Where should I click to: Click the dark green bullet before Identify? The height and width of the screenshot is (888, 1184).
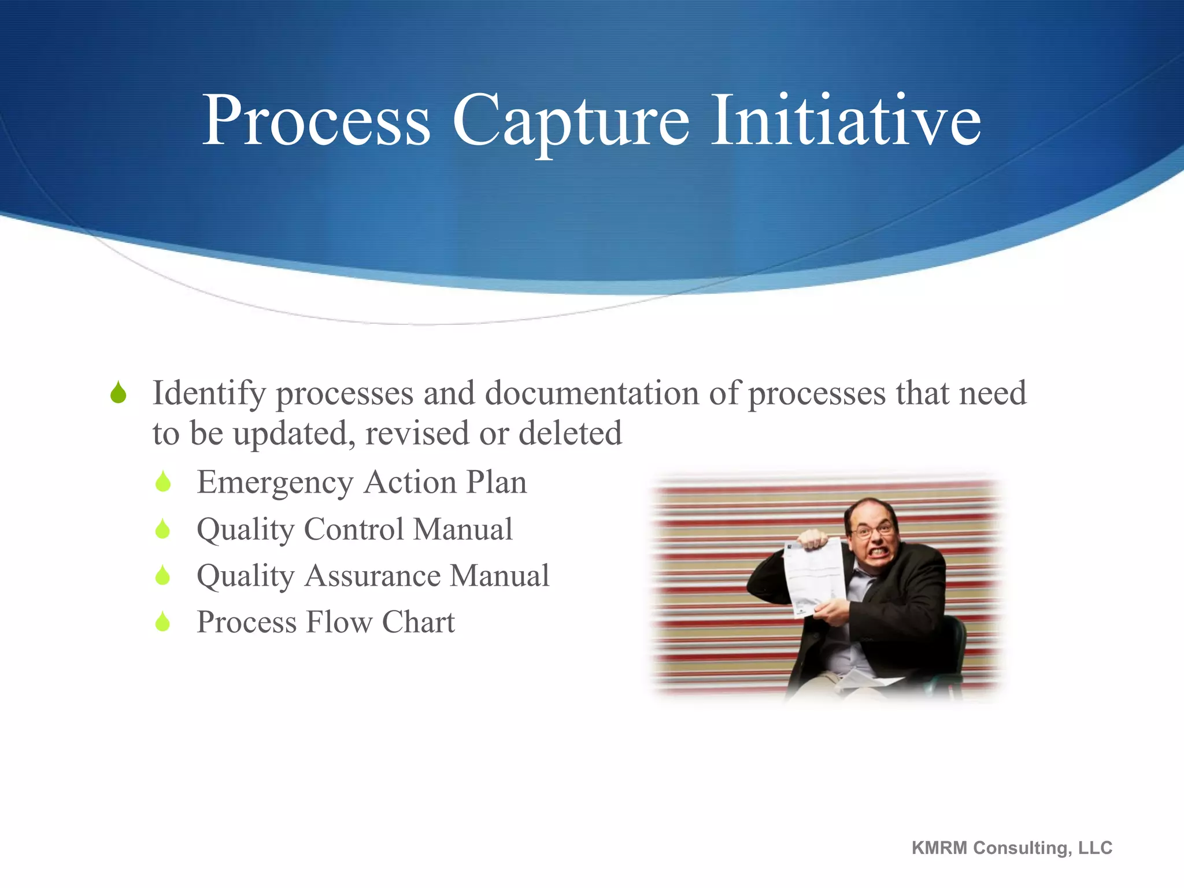(119, 393)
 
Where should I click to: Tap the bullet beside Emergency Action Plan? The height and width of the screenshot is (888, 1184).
(163, 482)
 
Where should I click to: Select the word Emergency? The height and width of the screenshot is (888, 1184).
(275, 482)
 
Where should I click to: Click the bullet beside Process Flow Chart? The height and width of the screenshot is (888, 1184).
(163, 622)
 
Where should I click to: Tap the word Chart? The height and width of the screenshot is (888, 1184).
(418, 622)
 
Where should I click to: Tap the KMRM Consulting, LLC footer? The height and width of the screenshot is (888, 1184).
(1012, 848)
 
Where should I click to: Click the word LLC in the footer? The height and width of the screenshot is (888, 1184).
(1095, 848)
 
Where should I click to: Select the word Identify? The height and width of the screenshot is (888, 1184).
(209, 393)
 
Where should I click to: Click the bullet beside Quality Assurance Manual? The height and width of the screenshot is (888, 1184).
(163, 576)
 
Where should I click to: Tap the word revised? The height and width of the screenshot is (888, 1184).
(417, 434)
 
